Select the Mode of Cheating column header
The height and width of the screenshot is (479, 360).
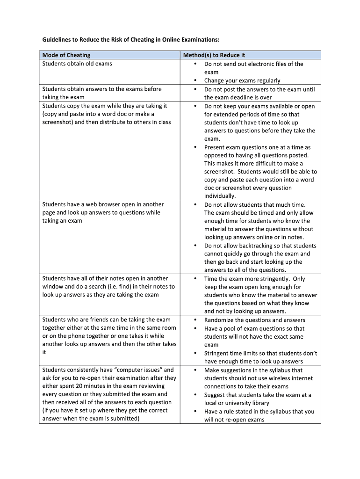click(x=66, y=55)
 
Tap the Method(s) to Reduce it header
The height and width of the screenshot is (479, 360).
click(x=214, y=55)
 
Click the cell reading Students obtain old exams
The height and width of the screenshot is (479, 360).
click(x=77, y=64)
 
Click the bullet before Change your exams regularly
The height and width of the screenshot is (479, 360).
click(x=194, y=81)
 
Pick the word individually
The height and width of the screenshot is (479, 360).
click(x=220, y=196)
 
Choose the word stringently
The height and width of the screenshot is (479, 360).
click(x=273, y=279)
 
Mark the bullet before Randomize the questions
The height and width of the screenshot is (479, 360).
click(x=194, y=320)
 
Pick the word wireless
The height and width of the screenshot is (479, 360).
click(x=266, y=378)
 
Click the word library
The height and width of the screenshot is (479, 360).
click(x=259, y=403)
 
